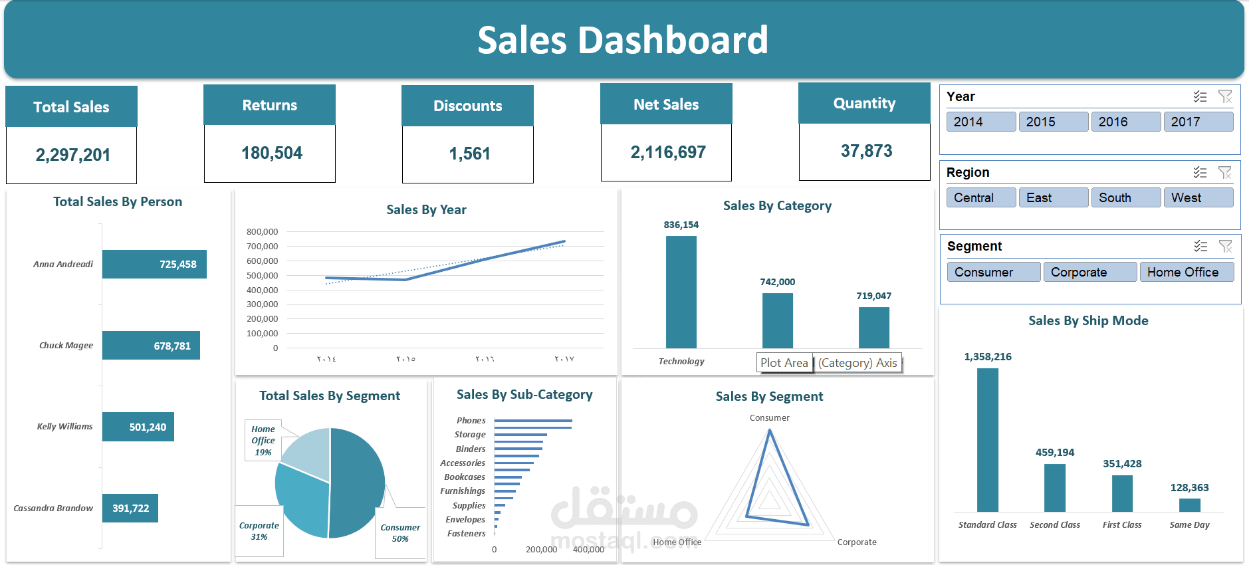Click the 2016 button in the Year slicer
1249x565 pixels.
[1125, 122]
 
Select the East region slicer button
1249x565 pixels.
[1053, 197]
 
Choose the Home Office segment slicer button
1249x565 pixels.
[1186, 272]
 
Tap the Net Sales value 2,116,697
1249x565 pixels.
[667, 152]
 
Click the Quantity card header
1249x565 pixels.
[864, 104]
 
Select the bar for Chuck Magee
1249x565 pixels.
[151, 346]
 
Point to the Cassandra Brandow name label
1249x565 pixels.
[53, 508]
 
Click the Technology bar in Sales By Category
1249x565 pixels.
[681, 292]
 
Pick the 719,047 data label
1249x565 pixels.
[873, 296]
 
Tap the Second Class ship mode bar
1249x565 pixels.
[1054, 487]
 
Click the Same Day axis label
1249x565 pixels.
[1189, 525]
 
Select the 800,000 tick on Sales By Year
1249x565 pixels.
[262, 232]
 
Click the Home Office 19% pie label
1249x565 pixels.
[263, 440]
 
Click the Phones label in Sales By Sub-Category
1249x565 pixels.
[471, 421]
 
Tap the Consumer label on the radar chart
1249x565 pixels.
[769, 418]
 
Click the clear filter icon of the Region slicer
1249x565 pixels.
[1224, 173]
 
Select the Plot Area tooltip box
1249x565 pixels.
[784, 363]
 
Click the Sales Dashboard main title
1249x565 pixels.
[623, 40]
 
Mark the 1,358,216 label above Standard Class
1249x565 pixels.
[988, 357]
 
